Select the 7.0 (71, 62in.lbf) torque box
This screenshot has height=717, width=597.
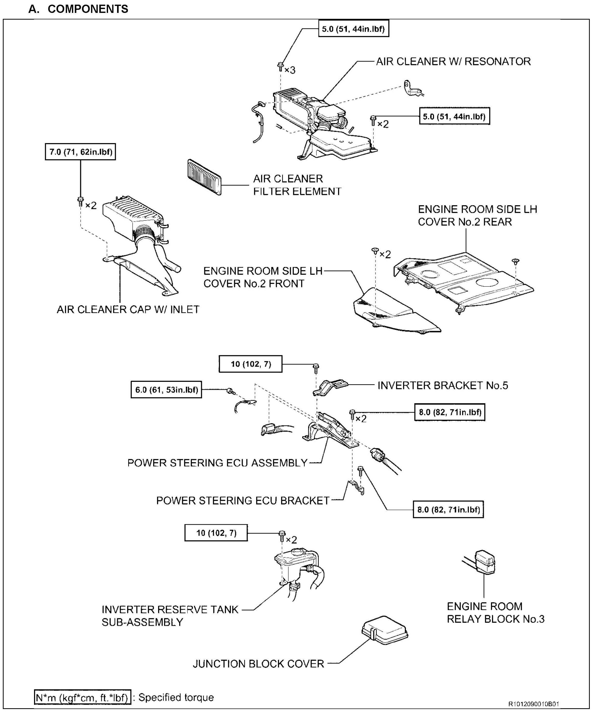click(x=81, y=152)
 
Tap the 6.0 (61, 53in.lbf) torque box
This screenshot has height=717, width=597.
click(x=166, y=390)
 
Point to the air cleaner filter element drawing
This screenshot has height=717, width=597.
click(x=204, y=177)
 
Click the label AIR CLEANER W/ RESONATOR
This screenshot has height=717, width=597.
click(x=453, y=61)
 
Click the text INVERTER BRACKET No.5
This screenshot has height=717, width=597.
click(x=443, y=385)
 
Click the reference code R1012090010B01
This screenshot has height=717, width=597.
click(x=534, y=704)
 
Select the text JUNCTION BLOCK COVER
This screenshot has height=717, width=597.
click(x=258, y=664)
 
